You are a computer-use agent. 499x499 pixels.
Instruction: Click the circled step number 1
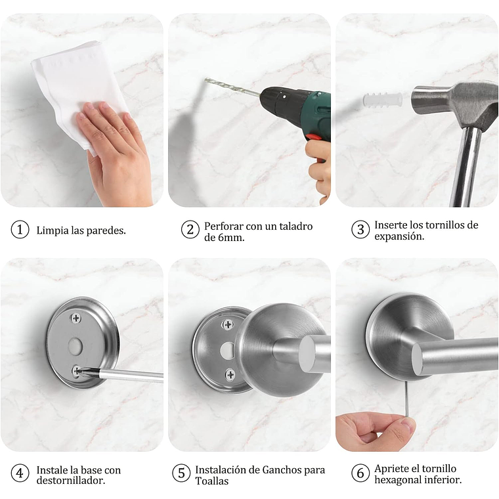[20, 230]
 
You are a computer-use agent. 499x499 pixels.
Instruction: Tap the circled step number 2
[190, 230]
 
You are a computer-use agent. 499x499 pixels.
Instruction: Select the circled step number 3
[360, 230]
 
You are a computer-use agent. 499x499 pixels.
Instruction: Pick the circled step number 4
[20, 473]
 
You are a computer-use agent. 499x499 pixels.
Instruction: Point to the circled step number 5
[181, 473]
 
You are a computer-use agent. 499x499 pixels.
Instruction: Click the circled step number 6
[360, 473]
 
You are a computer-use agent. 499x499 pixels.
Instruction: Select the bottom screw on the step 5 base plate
[230, 374]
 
